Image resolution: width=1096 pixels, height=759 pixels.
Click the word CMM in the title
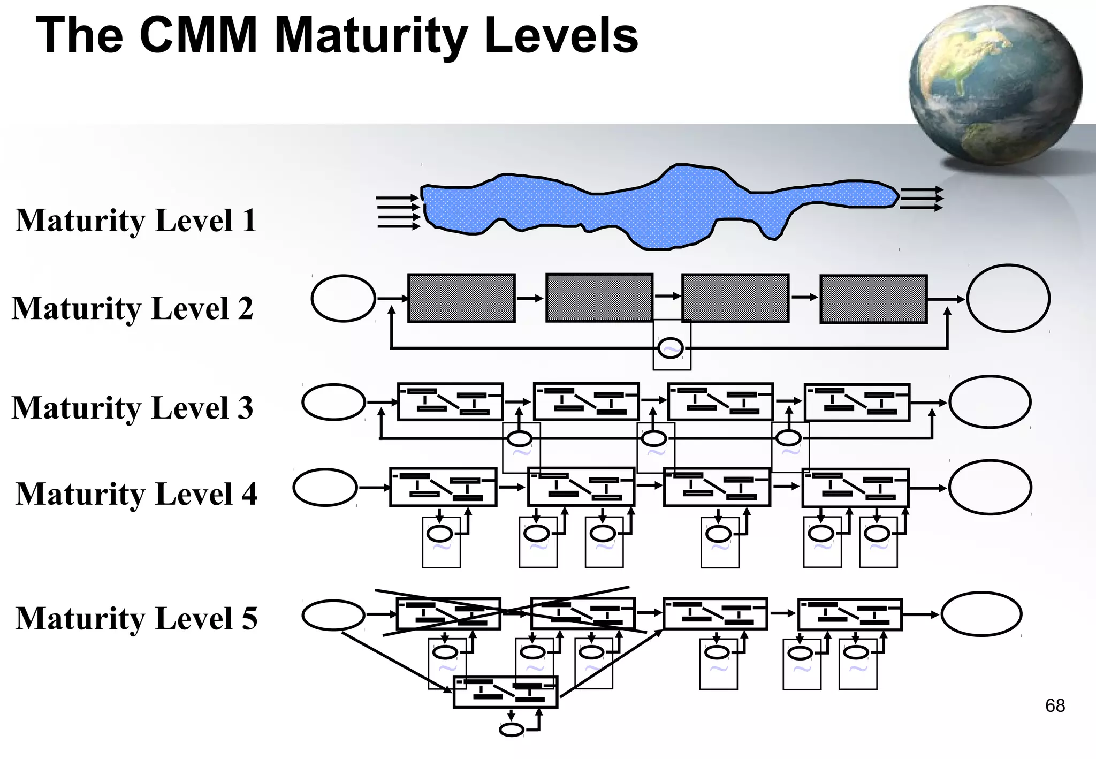click(x=198, y=35)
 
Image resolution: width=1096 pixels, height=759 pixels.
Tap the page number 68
click(x=1055, y=705)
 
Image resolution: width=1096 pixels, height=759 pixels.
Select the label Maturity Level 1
click(x=136, y=220)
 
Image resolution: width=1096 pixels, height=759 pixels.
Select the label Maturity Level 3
click(x=132, y=407)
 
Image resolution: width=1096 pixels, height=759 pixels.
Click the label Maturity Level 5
click(x=136, y=618)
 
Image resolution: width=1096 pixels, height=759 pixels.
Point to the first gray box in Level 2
click(x=461, y=298)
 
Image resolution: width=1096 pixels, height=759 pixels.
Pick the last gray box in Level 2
click(x=873, y=299)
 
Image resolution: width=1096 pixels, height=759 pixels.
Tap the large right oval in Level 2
click(x=1008, y=298)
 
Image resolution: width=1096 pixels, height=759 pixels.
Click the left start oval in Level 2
click(x=343, y=298)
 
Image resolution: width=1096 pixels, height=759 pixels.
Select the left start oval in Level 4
click(x=325, y=487)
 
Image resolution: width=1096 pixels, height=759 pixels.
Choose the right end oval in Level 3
click(x=990, y=402)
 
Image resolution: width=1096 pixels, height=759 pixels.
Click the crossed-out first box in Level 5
click(x=448, y=613)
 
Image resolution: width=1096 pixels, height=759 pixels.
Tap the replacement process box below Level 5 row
click(x=505, y=692)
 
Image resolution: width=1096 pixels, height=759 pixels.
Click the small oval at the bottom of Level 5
click(x=511, y=730)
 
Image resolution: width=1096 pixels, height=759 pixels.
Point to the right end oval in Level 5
click(x=981, y=613)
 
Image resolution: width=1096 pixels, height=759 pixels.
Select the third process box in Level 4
click(x=717, y=487)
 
